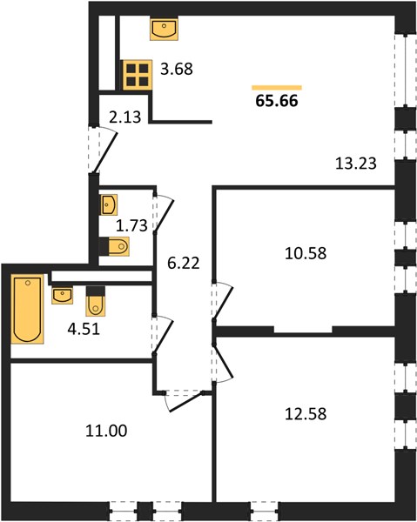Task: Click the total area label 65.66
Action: (x=277, y=101)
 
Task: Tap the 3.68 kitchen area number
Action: (x=177, y=70)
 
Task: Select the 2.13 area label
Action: (x=125, y=117)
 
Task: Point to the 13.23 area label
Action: (x=356, y=164)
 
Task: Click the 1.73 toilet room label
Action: (x=131, y=225)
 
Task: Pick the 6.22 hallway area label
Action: (x=184, y=264)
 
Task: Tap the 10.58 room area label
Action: (x=306, y=253)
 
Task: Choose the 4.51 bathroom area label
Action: (x=84, y=329)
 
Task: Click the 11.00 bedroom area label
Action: (x=106, y=431)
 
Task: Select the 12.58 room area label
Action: (x=306, y=414)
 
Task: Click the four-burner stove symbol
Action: (x=138, y=75)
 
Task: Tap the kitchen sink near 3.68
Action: (x=164, y=29)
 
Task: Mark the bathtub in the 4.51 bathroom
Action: (x=28, y=309)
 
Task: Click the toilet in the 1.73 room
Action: (x=115, y=246)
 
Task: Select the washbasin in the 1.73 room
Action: (x=109, y=204)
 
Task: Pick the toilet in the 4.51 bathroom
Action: (x=96, y=301)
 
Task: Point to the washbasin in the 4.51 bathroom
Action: (x=63, y=295)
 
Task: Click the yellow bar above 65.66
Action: (x=277, y=88)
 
